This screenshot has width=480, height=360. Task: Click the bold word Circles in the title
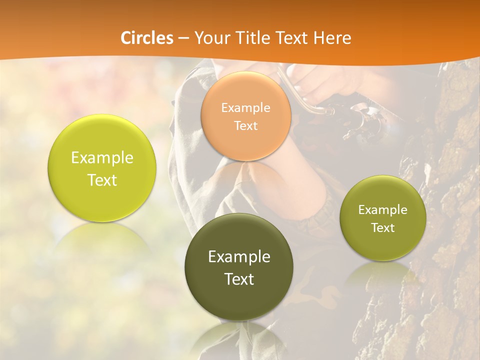[x=147, y=38]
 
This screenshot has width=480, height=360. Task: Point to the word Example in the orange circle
[x=245, y=107]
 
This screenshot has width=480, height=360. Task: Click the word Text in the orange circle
[x=245, y=125]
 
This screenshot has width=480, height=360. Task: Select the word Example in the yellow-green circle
[x=102, y=158]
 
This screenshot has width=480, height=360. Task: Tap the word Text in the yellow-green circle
[x=102, y=180]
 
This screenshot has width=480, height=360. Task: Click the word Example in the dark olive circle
[x=239, y=257]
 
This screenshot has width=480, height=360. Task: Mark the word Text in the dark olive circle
[x=239, y=279]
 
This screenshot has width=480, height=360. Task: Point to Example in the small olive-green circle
[x=383, y=209]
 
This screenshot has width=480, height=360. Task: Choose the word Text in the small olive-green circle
[x=383, y=227]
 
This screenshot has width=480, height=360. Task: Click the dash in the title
[x=183, y=38]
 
